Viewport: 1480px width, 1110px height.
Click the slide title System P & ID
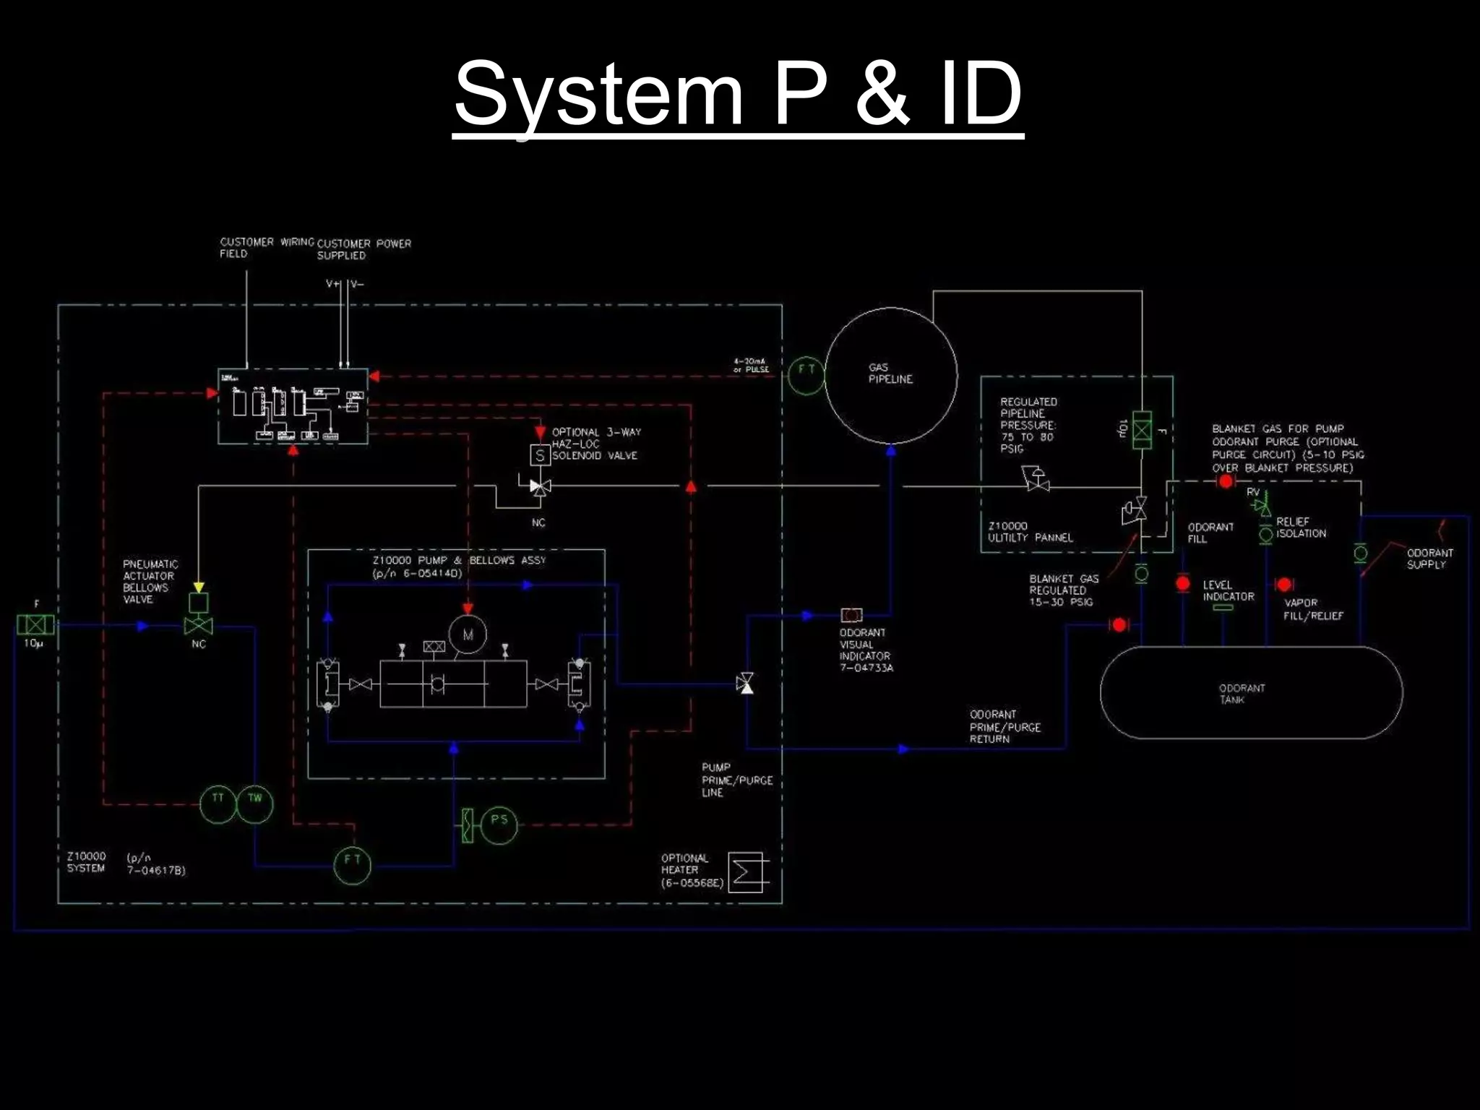738,94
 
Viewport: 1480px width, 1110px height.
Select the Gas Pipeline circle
891,375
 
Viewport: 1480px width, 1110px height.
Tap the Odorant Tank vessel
1251,692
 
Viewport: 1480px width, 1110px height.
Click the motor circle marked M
468,634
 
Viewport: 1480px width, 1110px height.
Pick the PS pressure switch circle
499,825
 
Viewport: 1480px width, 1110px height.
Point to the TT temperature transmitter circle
218,803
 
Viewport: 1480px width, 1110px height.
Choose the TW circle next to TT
255,803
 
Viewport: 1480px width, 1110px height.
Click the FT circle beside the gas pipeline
806,375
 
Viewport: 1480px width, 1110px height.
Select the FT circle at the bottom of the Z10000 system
352,864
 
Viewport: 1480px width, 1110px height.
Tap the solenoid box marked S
540,455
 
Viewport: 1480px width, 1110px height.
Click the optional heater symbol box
746,872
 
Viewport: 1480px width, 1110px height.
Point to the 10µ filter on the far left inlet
35,624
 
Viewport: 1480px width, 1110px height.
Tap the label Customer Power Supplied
363,249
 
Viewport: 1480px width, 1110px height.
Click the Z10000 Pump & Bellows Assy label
458,566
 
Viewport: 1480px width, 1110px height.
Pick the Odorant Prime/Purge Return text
1004,726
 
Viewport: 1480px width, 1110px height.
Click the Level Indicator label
1228,590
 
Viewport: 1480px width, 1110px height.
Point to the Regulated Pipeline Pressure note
1028,425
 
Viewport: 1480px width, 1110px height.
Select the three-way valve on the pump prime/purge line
745,683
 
